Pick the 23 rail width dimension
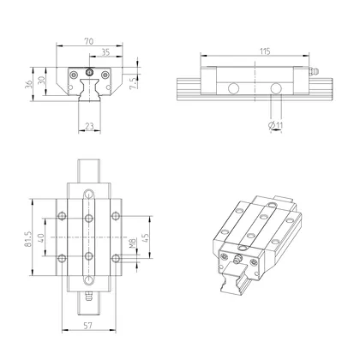click(90, 126)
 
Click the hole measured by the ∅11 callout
click(276, 88)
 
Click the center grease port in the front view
click(90, 74)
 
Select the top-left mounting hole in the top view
click(60, 215)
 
